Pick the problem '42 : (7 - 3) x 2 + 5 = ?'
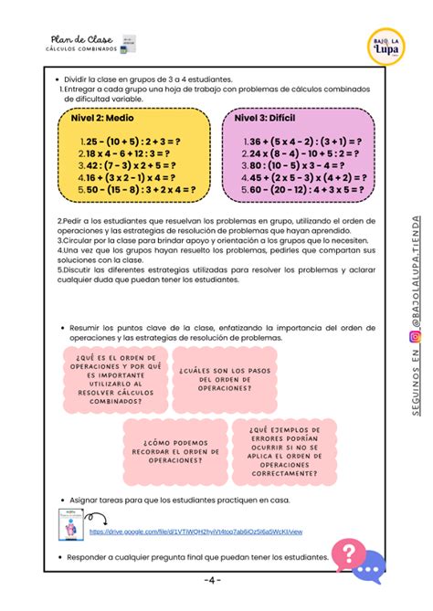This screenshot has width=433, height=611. pyautogui.click(x=128, y=166)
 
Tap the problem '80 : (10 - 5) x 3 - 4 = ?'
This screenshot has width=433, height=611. pyautogui.click(x=297, y=166)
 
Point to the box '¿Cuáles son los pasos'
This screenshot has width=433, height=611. pyautogui.click(x=221, y=375)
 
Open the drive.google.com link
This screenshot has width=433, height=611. pyautogui.click(x=195, y=531)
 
